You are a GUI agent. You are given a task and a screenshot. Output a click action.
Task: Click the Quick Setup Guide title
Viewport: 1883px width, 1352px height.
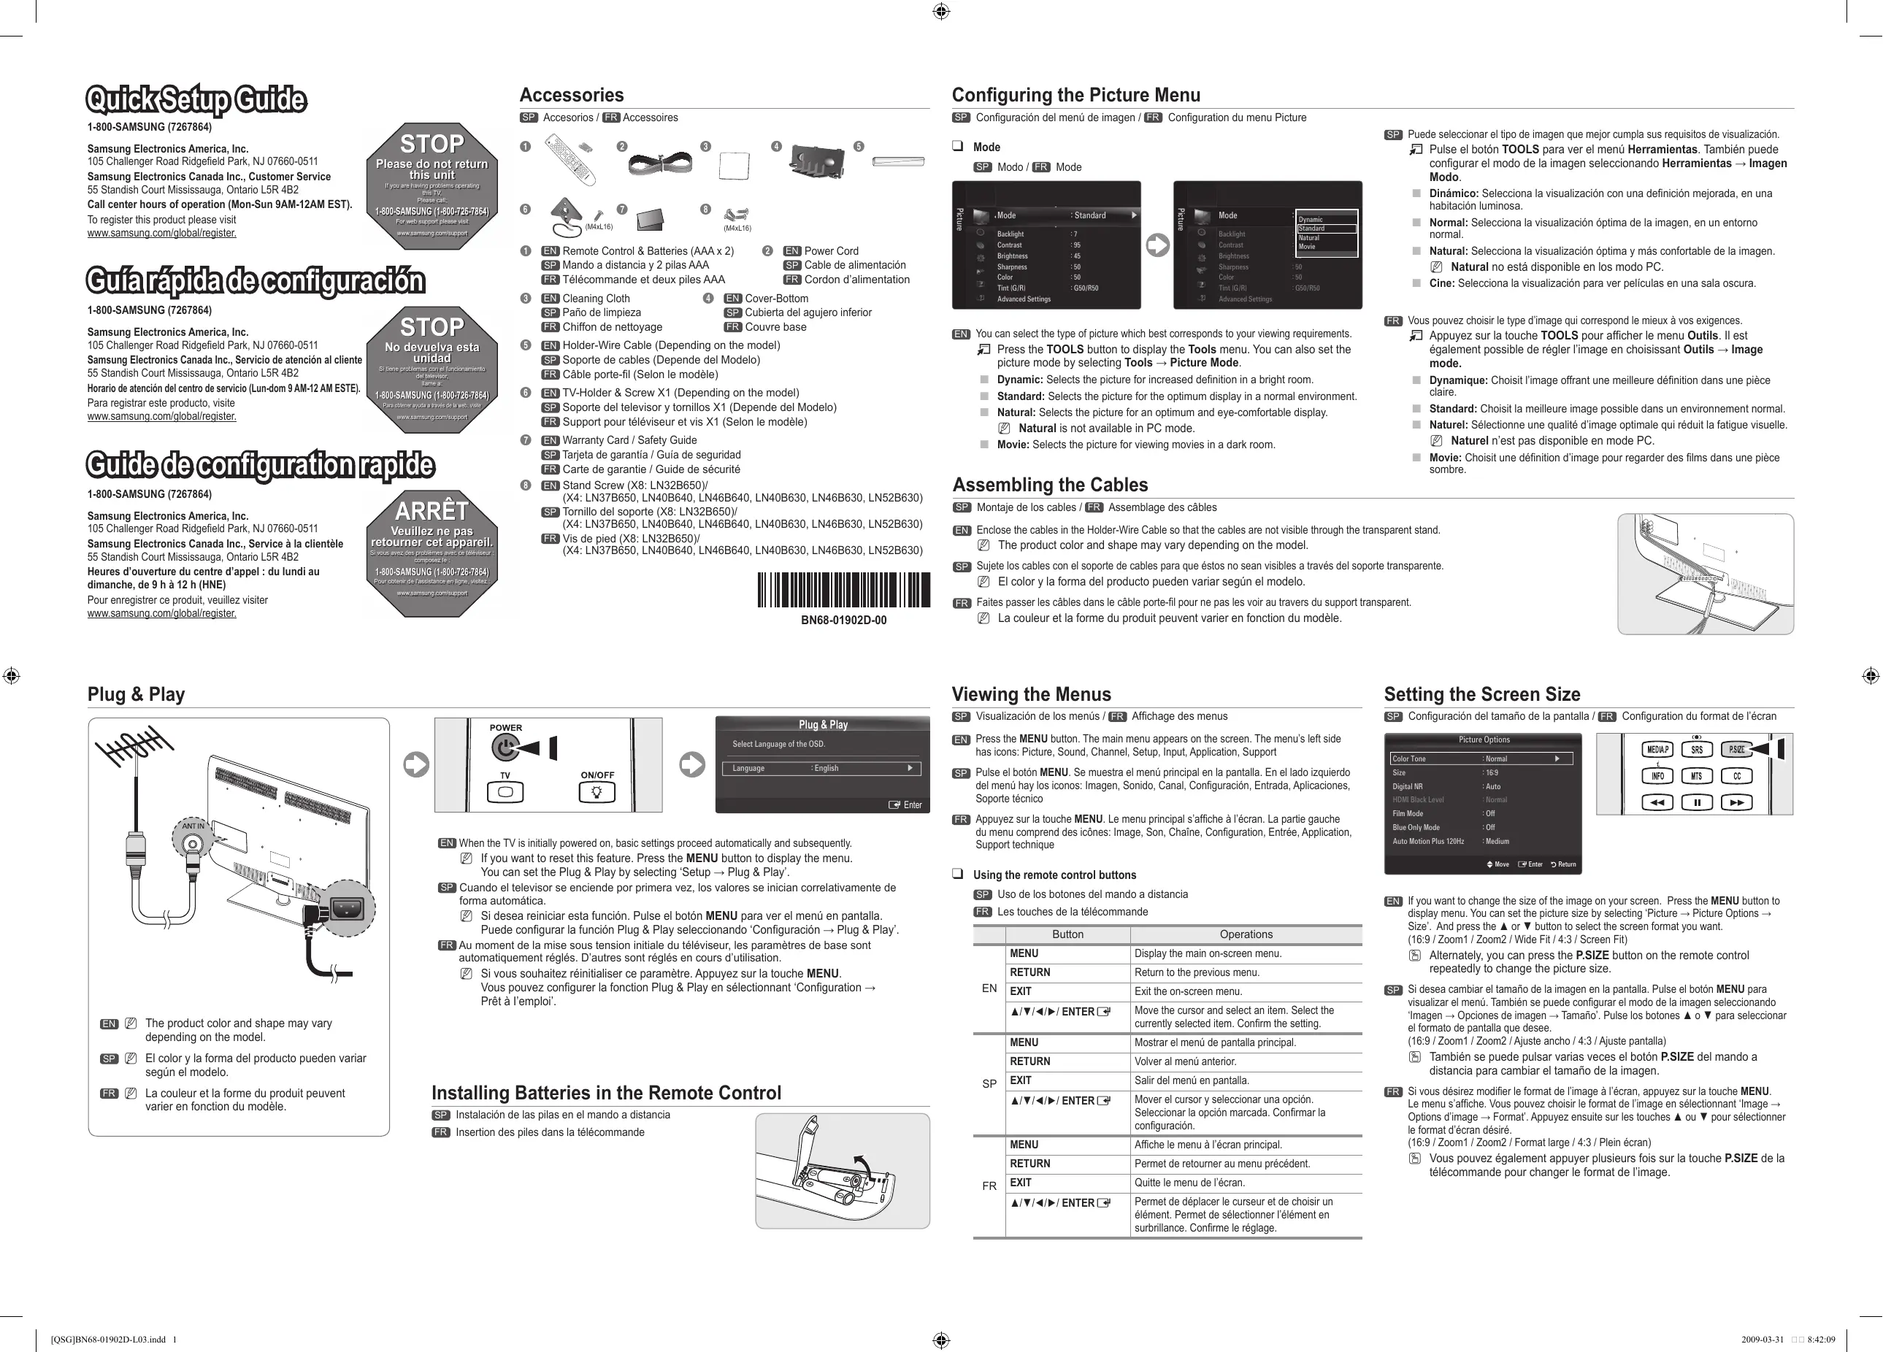click(196, 99)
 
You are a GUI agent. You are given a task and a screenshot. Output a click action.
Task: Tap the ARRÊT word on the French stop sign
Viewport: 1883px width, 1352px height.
click(432, 510)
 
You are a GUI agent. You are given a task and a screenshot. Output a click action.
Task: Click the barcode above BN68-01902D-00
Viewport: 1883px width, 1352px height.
click(843, 591)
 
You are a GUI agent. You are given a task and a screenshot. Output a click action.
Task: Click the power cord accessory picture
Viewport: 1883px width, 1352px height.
click(660, 161)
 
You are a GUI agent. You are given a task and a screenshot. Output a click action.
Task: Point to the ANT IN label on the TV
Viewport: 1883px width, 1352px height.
click(193, 826)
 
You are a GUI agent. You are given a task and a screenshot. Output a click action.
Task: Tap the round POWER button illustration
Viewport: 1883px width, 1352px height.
click(505, 748)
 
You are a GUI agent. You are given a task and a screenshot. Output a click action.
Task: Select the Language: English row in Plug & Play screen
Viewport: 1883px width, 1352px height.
click(822, 768)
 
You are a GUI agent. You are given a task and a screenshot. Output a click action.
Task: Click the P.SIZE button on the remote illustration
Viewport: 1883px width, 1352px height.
click(1736, 750)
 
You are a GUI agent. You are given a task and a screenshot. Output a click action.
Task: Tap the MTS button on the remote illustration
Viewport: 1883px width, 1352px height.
click(1696, 776)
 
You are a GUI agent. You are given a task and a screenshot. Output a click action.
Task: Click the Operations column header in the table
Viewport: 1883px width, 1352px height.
click(1246, 934)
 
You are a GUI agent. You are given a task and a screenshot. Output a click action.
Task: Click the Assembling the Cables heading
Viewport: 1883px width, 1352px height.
click(1049, 485)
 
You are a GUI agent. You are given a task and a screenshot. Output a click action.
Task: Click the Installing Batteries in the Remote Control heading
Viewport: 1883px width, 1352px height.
click(606, 1093)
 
